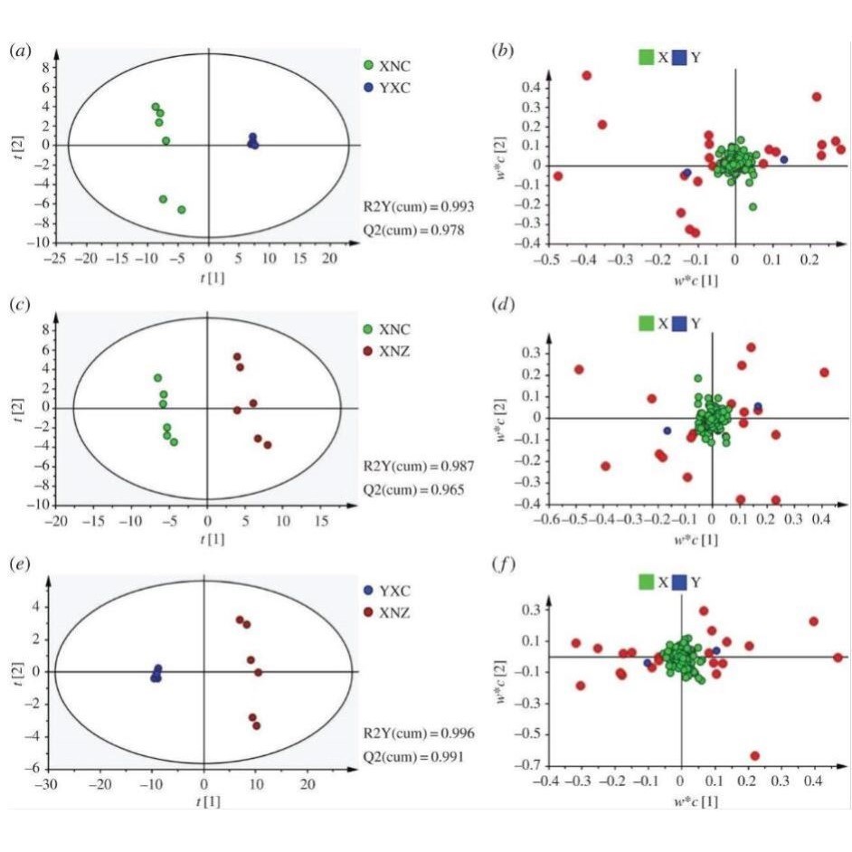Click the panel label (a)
[x=19, y=52]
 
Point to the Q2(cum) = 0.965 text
[x=415, y=490]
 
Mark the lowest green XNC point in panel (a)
[x=182, y=210]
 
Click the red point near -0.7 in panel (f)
[x=754, y=756]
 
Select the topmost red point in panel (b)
[x=586, y=76]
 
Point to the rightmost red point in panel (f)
[x=838, y=658]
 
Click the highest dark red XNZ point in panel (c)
[x=237, y=357]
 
